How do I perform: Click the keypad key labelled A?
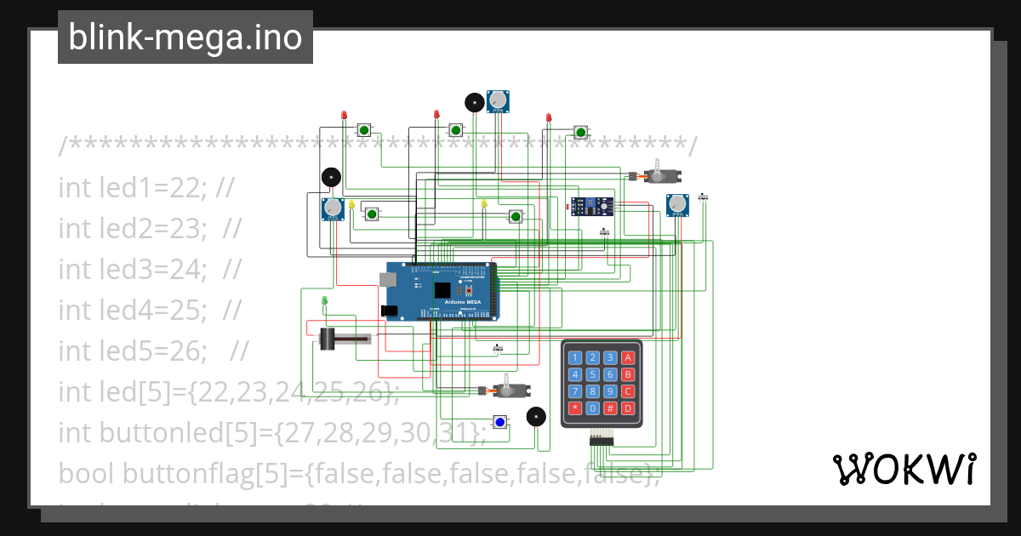(x=628, y=358)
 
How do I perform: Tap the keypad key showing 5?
(x=593, y=374)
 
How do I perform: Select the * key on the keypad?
(x=575, y=408)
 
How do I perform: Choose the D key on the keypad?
(x=628, y=408)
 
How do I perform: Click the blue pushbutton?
(x=500, y=422)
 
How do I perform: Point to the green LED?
(x=325, y=300)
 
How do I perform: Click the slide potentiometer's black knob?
(x=328, y=339)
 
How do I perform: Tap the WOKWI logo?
(x=904, y=468)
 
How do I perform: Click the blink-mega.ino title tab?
(x=185, y=37)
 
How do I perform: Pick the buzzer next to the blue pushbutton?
(x=535, y=416)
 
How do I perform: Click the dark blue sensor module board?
(x=591, y=205)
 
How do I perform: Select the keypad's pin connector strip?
(x=602, y=439)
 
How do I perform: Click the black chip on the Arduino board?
(x=442, y=289)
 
